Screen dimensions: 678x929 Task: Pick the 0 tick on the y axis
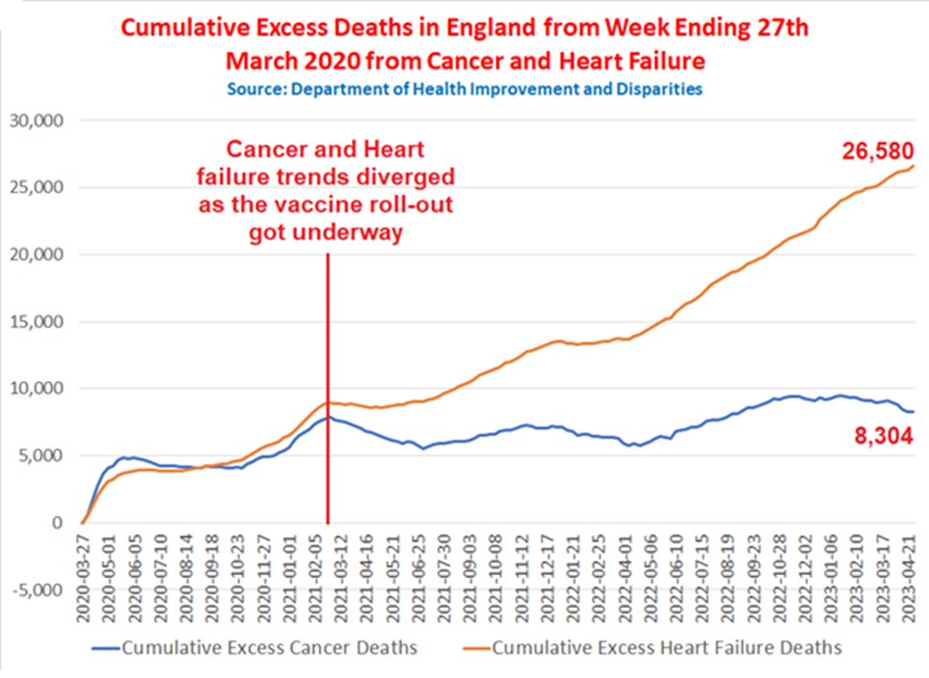[x=57, y=523]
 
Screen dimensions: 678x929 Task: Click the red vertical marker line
[x=328, y=384]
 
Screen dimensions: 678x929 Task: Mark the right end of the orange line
[x=913, y=166]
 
